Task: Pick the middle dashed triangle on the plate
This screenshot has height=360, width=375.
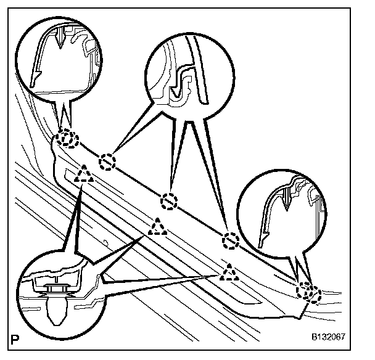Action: [158, 229]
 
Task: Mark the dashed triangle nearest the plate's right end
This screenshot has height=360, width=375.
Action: [229, 272]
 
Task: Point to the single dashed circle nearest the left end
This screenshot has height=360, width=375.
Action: [108, 160]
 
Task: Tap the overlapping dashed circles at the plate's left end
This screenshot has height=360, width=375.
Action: [66, 139]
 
